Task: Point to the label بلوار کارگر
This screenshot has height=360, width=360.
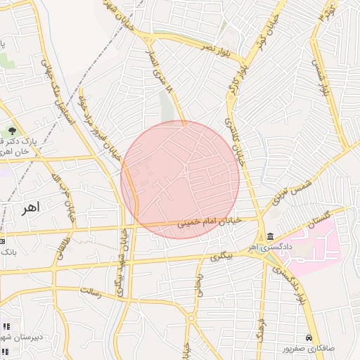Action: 236,79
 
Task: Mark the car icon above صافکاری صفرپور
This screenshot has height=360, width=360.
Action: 309,337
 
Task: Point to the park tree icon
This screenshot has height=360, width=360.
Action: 12,130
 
